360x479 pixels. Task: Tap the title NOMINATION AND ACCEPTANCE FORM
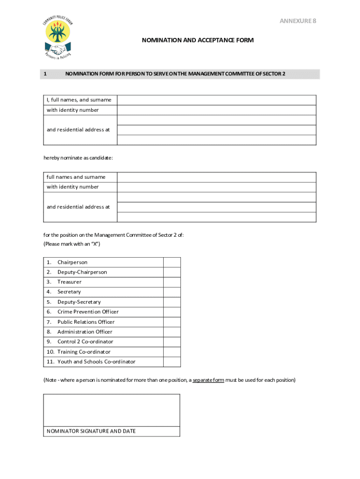[198, 40]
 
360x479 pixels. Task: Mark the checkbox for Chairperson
[172, 262]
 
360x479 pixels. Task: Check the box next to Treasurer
[172, 282]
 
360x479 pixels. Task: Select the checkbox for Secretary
[172, 292]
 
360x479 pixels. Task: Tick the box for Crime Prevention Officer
[172, 312]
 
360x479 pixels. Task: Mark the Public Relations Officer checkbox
[172, 322]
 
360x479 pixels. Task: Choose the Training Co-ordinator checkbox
[172, 352]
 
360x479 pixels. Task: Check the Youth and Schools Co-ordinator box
[172, 362]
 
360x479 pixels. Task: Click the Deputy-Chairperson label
[82, 272]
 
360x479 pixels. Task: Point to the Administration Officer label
[85, 332]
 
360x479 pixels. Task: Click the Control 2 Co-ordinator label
[85, 342]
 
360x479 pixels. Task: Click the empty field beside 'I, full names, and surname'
[216, 100]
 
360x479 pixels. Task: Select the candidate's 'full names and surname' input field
[216, 177]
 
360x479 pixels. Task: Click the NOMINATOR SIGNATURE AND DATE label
[91, 431]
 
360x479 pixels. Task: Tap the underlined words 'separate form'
[208, 380]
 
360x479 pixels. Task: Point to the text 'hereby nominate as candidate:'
[78, 158]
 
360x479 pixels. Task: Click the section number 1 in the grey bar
[45, 74]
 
